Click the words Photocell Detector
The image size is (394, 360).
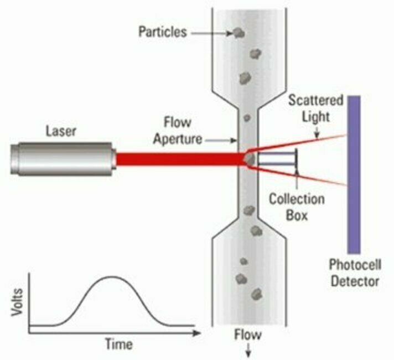point(354,271)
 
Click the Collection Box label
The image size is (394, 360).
point(297,205)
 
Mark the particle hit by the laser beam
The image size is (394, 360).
point(250,159)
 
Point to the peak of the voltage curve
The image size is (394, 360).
point(112,276)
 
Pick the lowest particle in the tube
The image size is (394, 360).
point(256,292)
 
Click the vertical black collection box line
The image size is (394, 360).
point(297,159)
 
